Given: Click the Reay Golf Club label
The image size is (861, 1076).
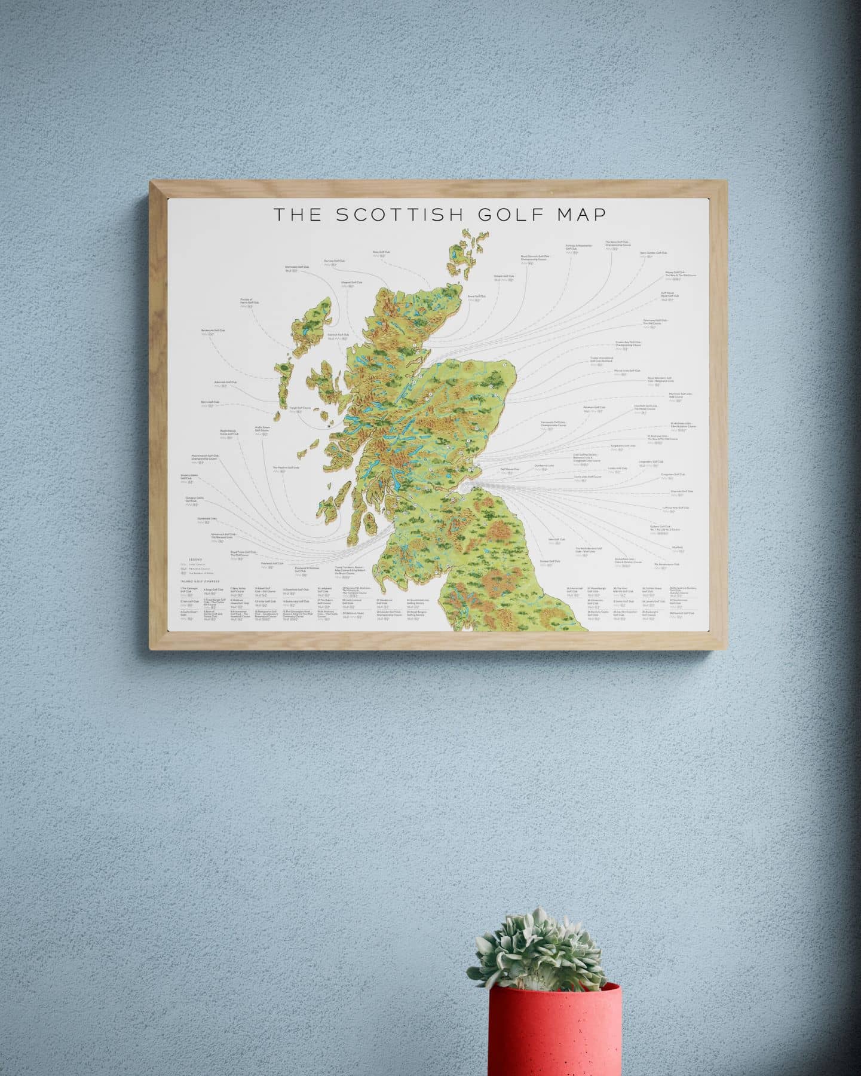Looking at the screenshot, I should point(381,252).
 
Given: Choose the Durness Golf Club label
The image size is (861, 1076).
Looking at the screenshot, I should point(334,261).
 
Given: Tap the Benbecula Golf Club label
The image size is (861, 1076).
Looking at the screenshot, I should point(213,331).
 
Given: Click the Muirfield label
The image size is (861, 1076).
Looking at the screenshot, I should point(676,547).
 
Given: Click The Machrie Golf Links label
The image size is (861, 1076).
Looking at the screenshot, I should point(286,468).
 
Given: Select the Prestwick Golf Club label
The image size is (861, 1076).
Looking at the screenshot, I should point(272,563).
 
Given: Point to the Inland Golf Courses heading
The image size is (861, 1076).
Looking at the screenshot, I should point(201,581).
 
